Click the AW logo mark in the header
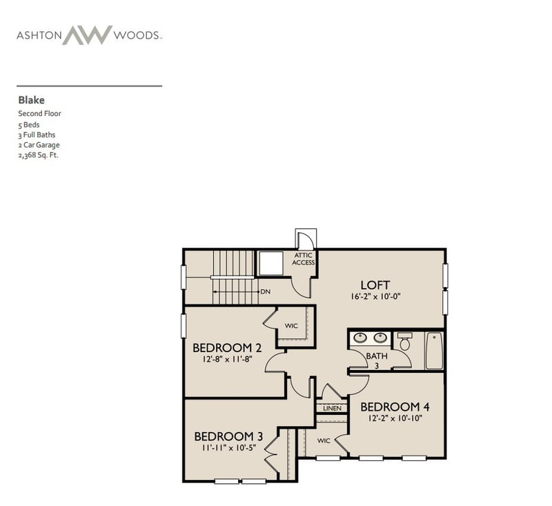point(87,35)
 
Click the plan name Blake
point(31,100)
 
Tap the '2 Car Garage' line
point(39,145)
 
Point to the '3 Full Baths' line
point(37,135)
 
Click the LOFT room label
point(375,284)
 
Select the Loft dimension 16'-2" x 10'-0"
point(375,297)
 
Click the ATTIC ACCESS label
point(304,259)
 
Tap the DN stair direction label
point(264,292)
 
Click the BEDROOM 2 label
point(227,347)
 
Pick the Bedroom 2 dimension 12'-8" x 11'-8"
point(227,359)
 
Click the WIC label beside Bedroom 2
point(291,326)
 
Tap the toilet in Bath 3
point(405,342)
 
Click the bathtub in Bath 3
point(434,351)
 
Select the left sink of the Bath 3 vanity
point(360,338)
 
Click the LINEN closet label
point(332,409)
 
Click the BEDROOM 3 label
point(228,436)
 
